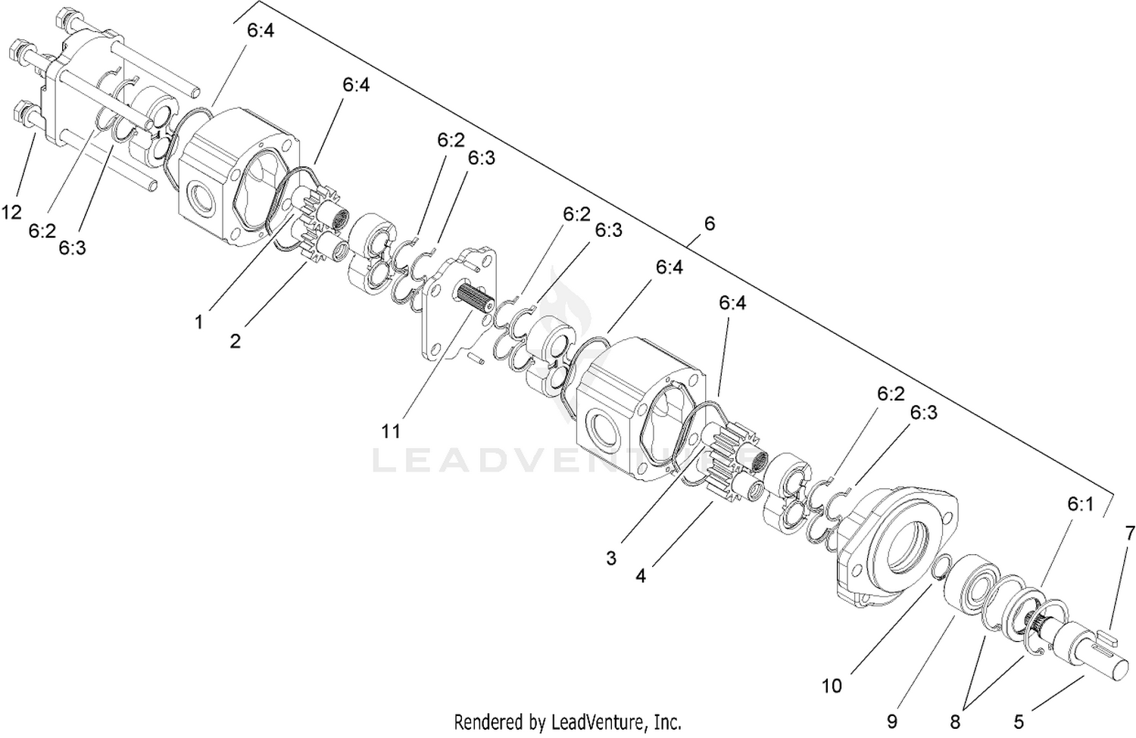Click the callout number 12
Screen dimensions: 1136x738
(11, 212)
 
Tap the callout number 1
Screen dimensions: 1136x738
(198, 322)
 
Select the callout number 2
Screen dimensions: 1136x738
(235, 341)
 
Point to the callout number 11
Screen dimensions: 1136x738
(391, 431)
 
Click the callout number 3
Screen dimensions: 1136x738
(611, 558)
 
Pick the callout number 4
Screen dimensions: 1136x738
(641, 576)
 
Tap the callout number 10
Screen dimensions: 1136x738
(832, 686)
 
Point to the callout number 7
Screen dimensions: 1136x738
(1129, 533)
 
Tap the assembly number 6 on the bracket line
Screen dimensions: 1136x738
(710, 223)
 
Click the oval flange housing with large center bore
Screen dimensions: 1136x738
(897, 546)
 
